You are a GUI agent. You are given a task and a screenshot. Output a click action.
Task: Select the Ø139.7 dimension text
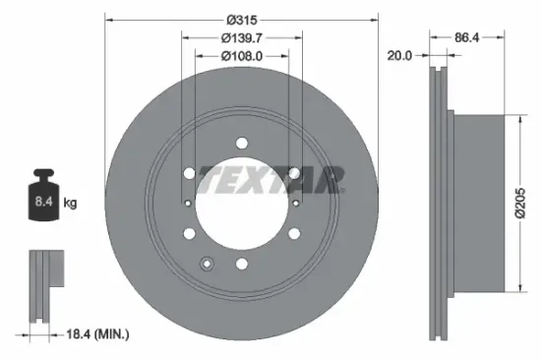242,38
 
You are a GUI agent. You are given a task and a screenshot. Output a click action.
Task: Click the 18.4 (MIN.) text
94,335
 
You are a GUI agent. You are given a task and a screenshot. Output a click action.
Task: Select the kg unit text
70,204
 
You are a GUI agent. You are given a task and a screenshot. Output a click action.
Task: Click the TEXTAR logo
271,179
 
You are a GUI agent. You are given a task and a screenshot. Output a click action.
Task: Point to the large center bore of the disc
241,203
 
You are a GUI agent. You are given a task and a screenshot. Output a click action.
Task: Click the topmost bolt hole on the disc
242,144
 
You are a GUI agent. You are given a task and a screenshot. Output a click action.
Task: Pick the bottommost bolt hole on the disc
242,263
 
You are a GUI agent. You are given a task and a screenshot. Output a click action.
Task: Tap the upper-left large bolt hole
189,173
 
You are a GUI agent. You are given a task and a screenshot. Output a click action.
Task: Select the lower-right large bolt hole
294,234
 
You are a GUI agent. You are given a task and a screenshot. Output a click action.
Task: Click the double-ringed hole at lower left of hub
207,263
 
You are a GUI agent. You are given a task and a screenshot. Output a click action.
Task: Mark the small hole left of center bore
188,203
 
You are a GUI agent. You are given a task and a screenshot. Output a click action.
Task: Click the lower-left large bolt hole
189,234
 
